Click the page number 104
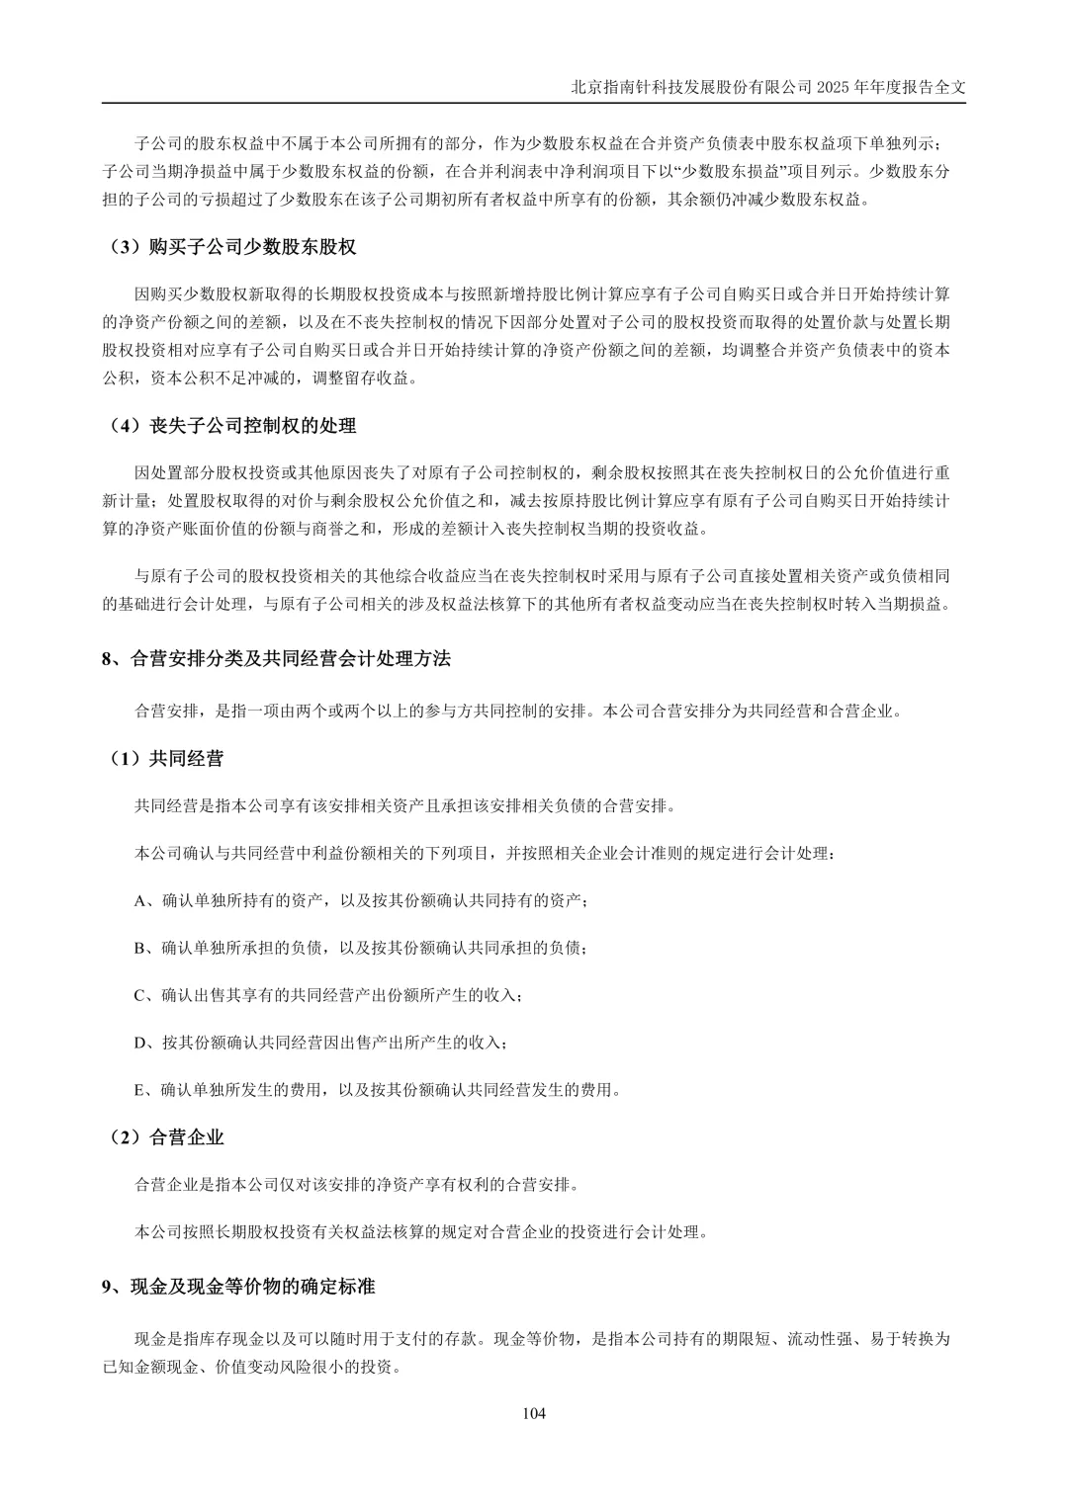(534, 1413)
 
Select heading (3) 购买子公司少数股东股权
(232, 247)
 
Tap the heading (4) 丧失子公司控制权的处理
(232, 426)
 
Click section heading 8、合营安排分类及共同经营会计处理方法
(276, 659)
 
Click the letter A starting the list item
(139, 901)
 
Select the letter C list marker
(139, 995)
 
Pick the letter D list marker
(139, 1043)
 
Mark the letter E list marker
(139, 1090)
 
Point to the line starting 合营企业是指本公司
(357, 1184)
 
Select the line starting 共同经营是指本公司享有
(404, 806)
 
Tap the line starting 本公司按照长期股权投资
(421, 1232)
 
